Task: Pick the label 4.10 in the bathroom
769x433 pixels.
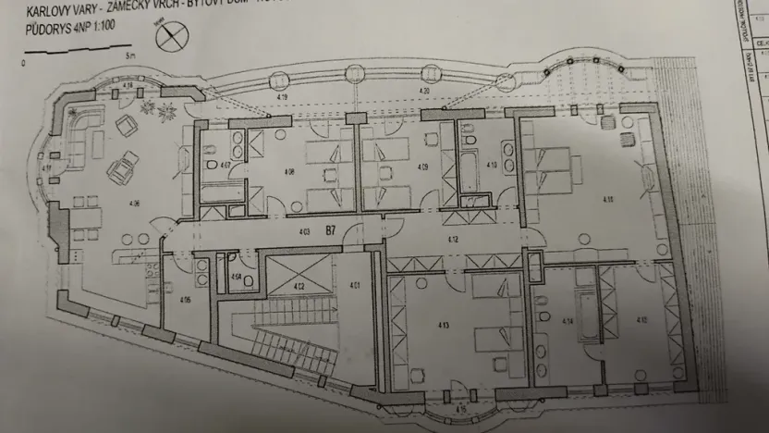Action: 492,166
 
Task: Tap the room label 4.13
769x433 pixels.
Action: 445,325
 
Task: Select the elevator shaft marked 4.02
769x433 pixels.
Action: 299,286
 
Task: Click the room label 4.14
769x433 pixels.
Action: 568,320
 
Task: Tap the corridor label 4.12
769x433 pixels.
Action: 454,239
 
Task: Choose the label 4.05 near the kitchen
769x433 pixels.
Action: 185,299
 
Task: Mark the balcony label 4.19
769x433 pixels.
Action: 282,96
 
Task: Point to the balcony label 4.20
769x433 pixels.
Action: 424,92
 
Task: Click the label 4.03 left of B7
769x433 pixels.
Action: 302,229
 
